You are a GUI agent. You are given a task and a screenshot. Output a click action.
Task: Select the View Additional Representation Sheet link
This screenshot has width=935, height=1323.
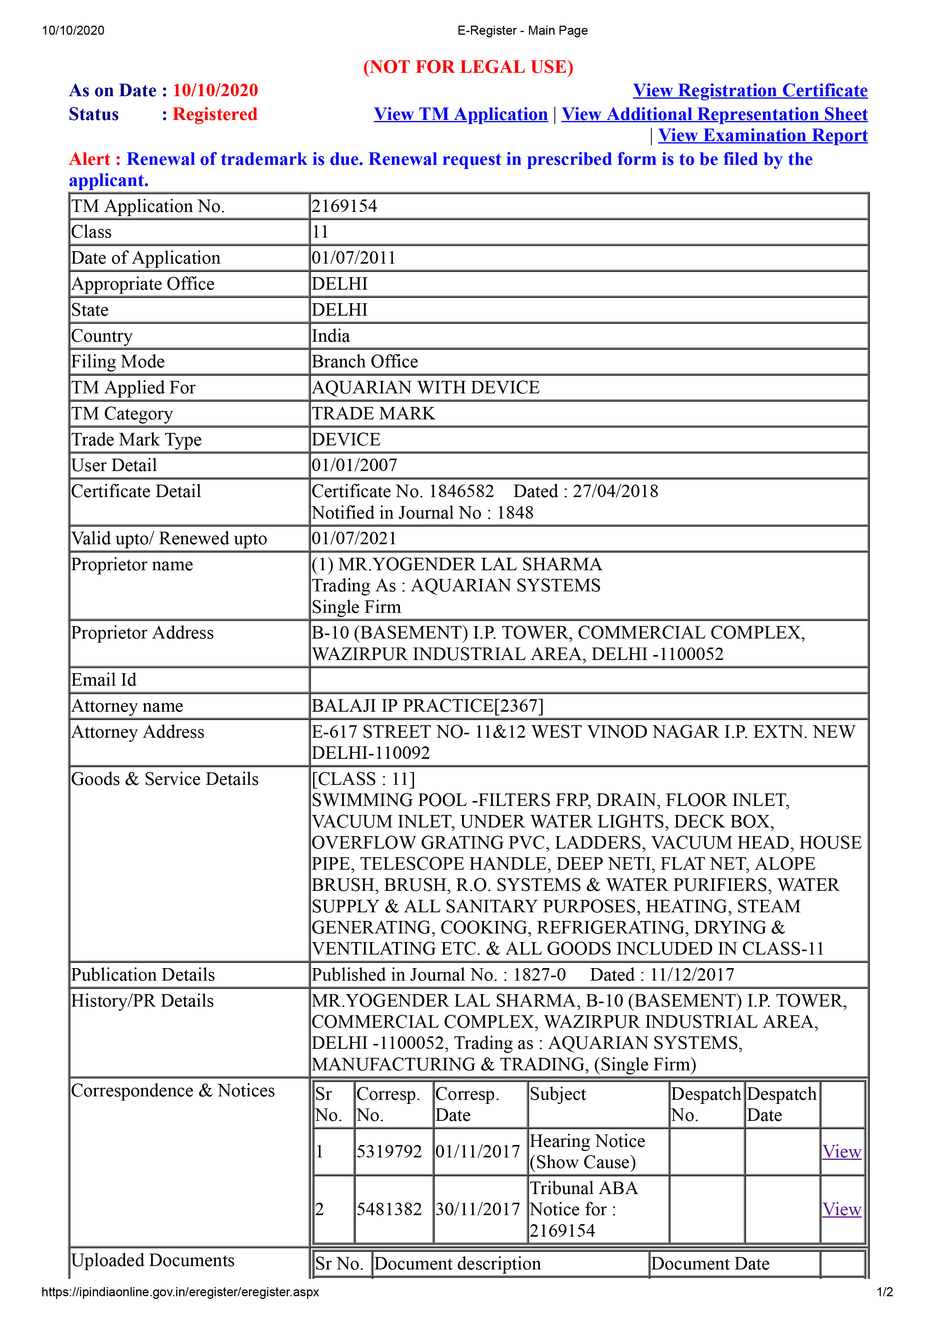[714, 114]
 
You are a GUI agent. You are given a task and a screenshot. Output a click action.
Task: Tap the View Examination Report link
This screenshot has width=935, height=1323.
[763, 135]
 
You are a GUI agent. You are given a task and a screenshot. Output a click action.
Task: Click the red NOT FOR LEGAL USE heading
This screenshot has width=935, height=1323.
[468, 67]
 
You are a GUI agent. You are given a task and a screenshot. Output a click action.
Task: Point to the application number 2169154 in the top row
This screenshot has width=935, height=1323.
[344, 206]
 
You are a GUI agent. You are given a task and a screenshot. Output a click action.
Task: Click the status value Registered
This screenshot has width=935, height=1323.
[215, 114]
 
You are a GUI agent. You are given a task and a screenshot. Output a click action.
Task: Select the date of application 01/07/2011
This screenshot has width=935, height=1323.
[354, 258]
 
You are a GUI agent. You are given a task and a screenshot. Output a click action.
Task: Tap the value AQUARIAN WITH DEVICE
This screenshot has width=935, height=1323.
[425, 387]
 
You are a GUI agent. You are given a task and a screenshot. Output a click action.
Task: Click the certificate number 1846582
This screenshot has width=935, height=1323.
[461, 491]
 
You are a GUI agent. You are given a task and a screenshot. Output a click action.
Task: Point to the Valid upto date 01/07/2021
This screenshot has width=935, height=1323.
[354, 538]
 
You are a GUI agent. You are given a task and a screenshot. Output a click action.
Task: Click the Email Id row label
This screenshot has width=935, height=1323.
[104, 680]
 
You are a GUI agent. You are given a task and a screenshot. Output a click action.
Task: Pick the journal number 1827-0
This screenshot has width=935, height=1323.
[539, 975]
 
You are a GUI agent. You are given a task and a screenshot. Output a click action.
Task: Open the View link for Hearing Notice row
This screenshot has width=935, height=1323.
[842, 1152]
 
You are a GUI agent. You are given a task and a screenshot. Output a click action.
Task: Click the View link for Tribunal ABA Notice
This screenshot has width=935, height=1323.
[842, 1209]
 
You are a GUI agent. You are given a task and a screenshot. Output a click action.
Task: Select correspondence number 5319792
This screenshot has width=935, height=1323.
[389, 1152]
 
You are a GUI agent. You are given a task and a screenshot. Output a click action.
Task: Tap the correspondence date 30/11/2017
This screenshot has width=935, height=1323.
[477, 1209]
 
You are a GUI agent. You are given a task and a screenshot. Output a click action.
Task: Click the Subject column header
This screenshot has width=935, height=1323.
[558, 1094]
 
